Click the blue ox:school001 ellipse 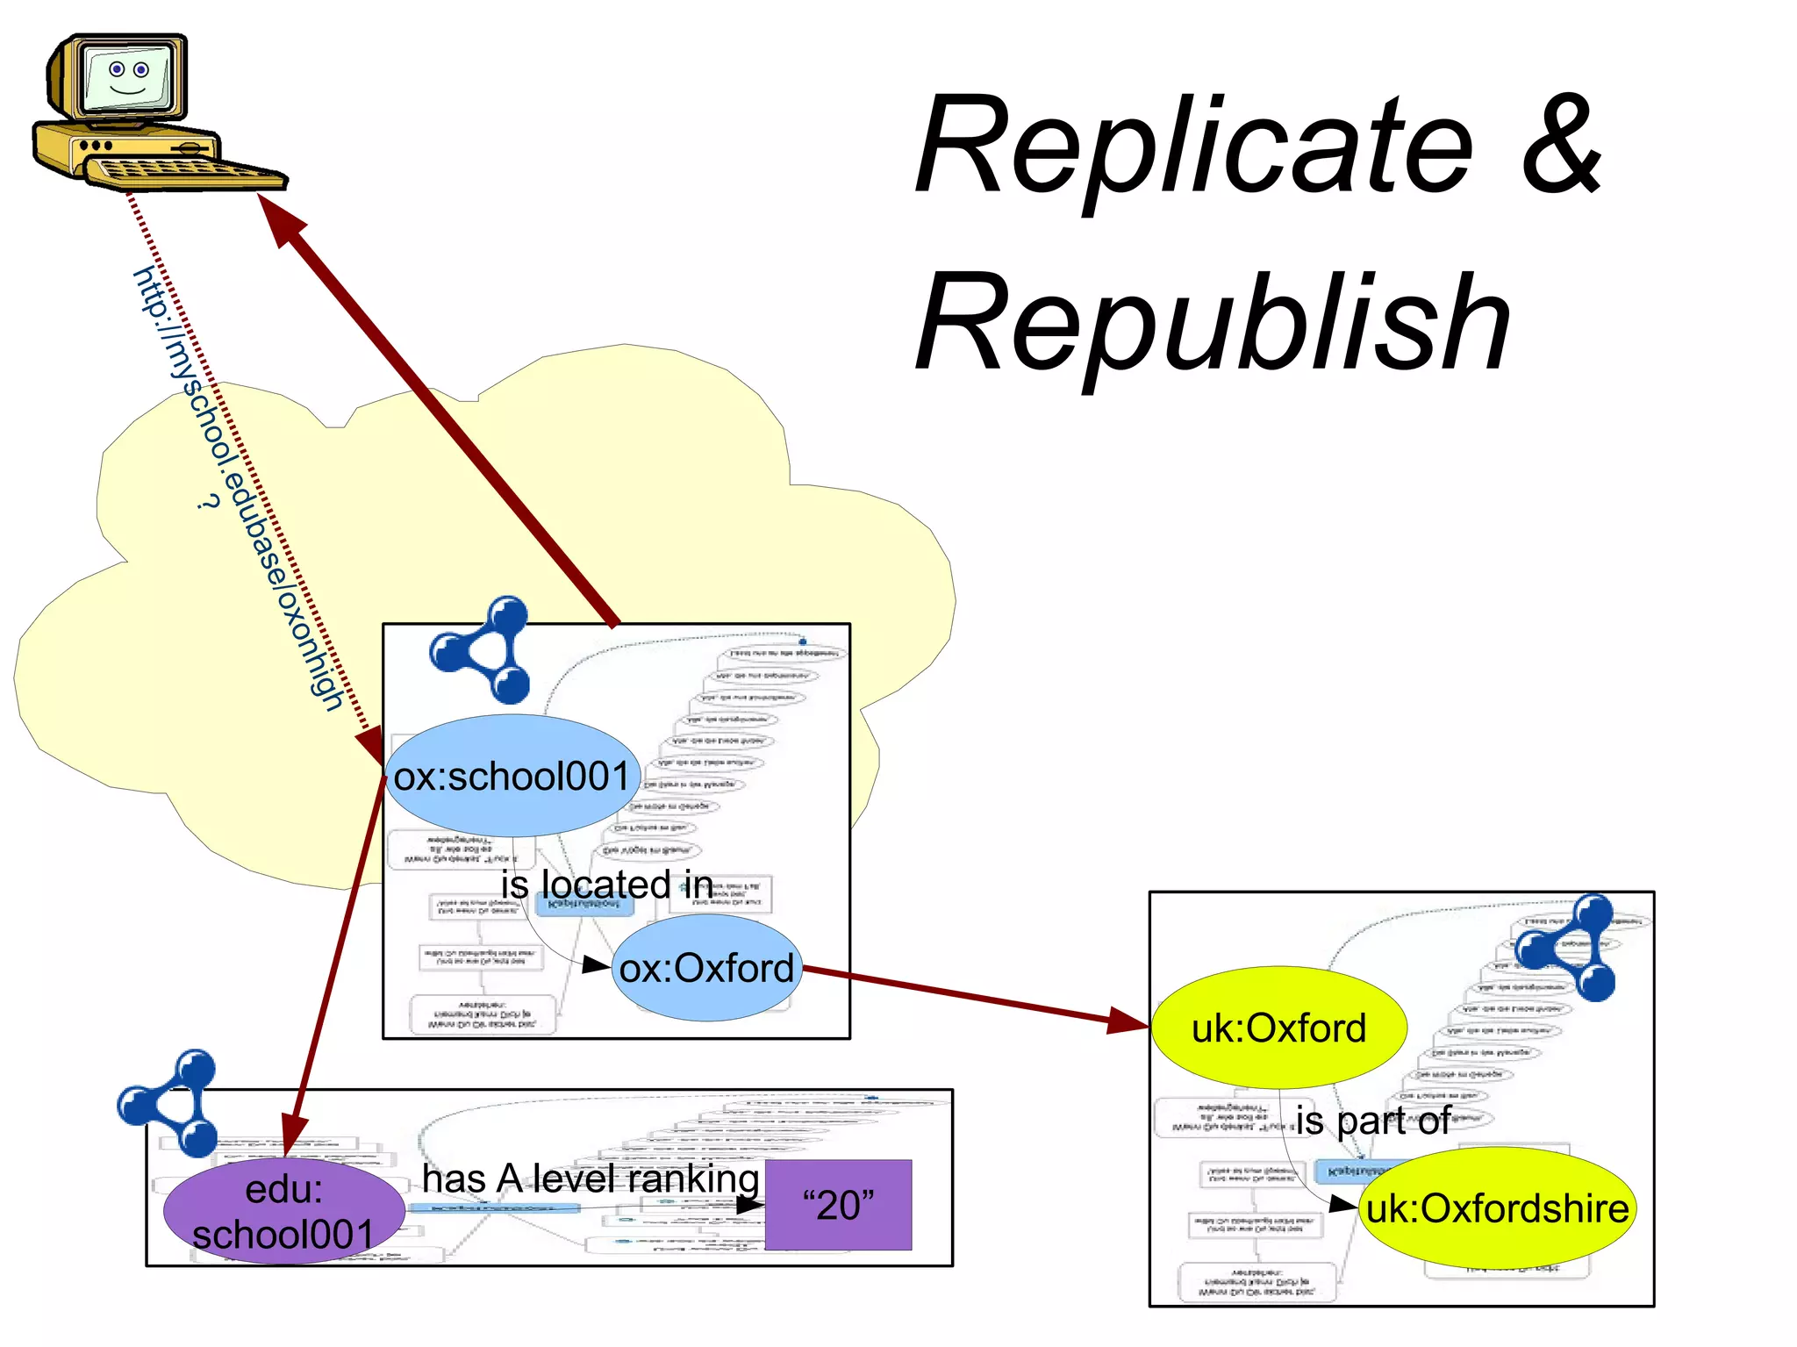click(x=512, y=777)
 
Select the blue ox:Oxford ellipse click(x=706, y=968)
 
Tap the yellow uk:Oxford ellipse click(x=1278, y=1028)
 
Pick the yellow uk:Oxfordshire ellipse click(x=1497, y=1208)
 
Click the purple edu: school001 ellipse click(x=283, y=1212)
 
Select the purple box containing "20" click(x=838, y=1205)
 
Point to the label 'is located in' click(x=606, y=884)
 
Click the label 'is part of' click(x=1372, y=1121)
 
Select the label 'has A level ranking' click(x=590, y=1179)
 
